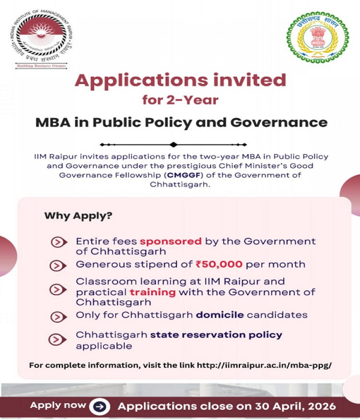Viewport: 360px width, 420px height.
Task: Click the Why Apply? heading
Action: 78,216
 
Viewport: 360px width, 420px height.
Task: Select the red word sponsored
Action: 171,241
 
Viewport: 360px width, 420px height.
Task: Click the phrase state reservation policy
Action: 216,335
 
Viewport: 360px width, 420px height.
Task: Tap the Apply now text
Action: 59,406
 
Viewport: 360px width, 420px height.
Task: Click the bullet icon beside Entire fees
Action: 59,242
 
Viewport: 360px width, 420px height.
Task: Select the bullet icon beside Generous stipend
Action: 59,264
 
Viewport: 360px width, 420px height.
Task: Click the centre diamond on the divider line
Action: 173,144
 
